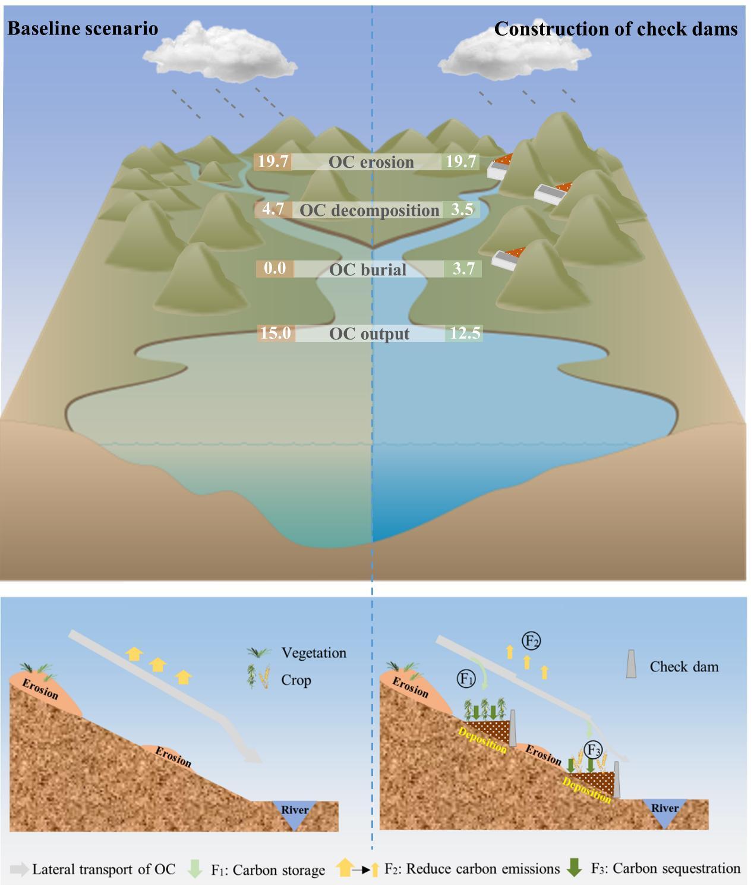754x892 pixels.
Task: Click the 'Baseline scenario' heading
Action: (83, 29)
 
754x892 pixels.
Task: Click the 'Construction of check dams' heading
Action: (616, 29)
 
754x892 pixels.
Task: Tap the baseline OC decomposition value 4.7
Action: (273, 209)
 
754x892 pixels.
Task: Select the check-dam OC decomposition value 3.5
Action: (461, 209)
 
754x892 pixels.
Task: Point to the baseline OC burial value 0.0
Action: (275, 268)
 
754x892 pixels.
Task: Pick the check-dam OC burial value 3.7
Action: (463, 268)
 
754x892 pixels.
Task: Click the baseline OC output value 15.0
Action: (276, 332)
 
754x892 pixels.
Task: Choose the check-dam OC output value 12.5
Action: (464, 332)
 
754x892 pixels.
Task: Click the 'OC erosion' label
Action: (371, 162)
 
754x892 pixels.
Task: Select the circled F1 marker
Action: (466, 677)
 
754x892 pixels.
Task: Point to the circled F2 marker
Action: (531, 640)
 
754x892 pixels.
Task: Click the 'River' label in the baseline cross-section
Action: (295, 810)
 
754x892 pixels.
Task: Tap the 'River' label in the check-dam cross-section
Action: (664, 808)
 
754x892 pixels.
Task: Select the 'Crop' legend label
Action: (296, 680)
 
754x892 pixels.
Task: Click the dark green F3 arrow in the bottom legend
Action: (574, 868)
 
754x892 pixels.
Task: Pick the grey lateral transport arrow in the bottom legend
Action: (19, 869)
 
